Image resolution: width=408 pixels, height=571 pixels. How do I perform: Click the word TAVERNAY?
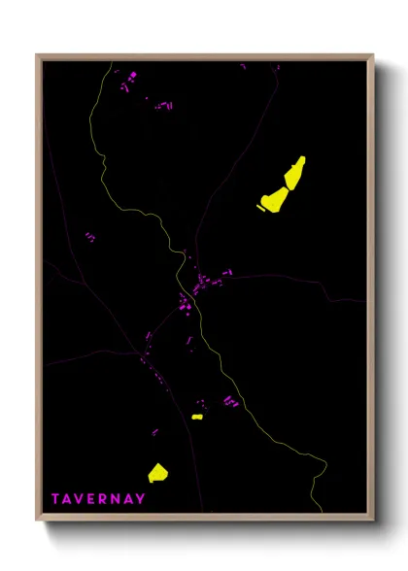(99, 499)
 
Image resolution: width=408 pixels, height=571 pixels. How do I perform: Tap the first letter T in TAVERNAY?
(56, 499)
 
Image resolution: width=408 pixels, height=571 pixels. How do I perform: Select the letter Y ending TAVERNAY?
(142, 499)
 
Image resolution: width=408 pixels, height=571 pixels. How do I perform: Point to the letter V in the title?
(82, 499)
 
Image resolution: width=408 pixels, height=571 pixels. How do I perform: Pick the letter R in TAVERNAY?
(106, 499)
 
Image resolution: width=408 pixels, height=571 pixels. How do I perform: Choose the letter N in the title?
(119, 499)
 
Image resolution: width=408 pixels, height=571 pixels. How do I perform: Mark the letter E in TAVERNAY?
(94, 499)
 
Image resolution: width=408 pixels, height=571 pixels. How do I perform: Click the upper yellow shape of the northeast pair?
(295, 173)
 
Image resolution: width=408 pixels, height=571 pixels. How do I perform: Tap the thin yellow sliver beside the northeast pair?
(260, 206)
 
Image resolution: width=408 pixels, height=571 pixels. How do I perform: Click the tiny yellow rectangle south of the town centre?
(197, 417)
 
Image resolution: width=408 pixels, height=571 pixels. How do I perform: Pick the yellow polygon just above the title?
(157, 473)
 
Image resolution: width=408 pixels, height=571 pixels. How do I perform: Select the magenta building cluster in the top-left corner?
(126, 82)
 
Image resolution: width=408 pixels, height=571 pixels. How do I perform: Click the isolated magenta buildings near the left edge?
(89, 236)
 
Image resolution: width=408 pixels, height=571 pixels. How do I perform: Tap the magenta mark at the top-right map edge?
(276, 67)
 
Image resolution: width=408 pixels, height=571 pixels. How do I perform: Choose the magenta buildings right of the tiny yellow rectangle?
(230, 400)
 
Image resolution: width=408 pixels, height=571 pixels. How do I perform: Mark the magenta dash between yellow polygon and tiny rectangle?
(154, 431)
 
